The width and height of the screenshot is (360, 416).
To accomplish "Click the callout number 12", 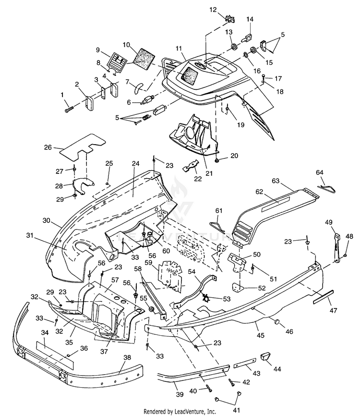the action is (x=213, y=10).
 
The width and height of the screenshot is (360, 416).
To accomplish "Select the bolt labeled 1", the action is (x=69, y=109).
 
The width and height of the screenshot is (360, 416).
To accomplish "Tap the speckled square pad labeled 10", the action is (x=144, y=60).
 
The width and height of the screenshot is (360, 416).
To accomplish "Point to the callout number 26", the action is (x=48, y=147).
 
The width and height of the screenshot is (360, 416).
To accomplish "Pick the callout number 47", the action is (x=333, y=310).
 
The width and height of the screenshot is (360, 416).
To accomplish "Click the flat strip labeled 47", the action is (x=324, y=296).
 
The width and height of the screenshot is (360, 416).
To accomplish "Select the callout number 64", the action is (x=320, y=172).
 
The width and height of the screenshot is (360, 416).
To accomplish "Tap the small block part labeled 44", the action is (x=265, y=356).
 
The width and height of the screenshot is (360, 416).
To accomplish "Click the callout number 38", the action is (x=127, y=357).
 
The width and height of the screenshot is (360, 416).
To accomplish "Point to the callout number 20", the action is (x=234, y=156).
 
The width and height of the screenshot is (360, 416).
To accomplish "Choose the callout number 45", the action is (x=261, y=335).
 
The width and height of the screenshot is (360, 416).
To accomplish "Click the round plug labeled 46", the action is (x=277, y=321).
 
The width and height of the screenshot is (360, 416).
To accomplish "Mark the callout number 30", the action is (x=47, y=220).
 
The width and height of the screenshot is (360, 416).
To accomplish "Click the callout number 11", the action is (x=179, y=49).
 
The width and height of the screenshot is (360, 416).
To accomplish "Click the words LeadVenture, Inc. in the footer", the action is (x=195, y=412).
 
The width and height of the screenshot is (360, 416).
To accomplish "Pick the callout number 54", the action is (x=192, y=271).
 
